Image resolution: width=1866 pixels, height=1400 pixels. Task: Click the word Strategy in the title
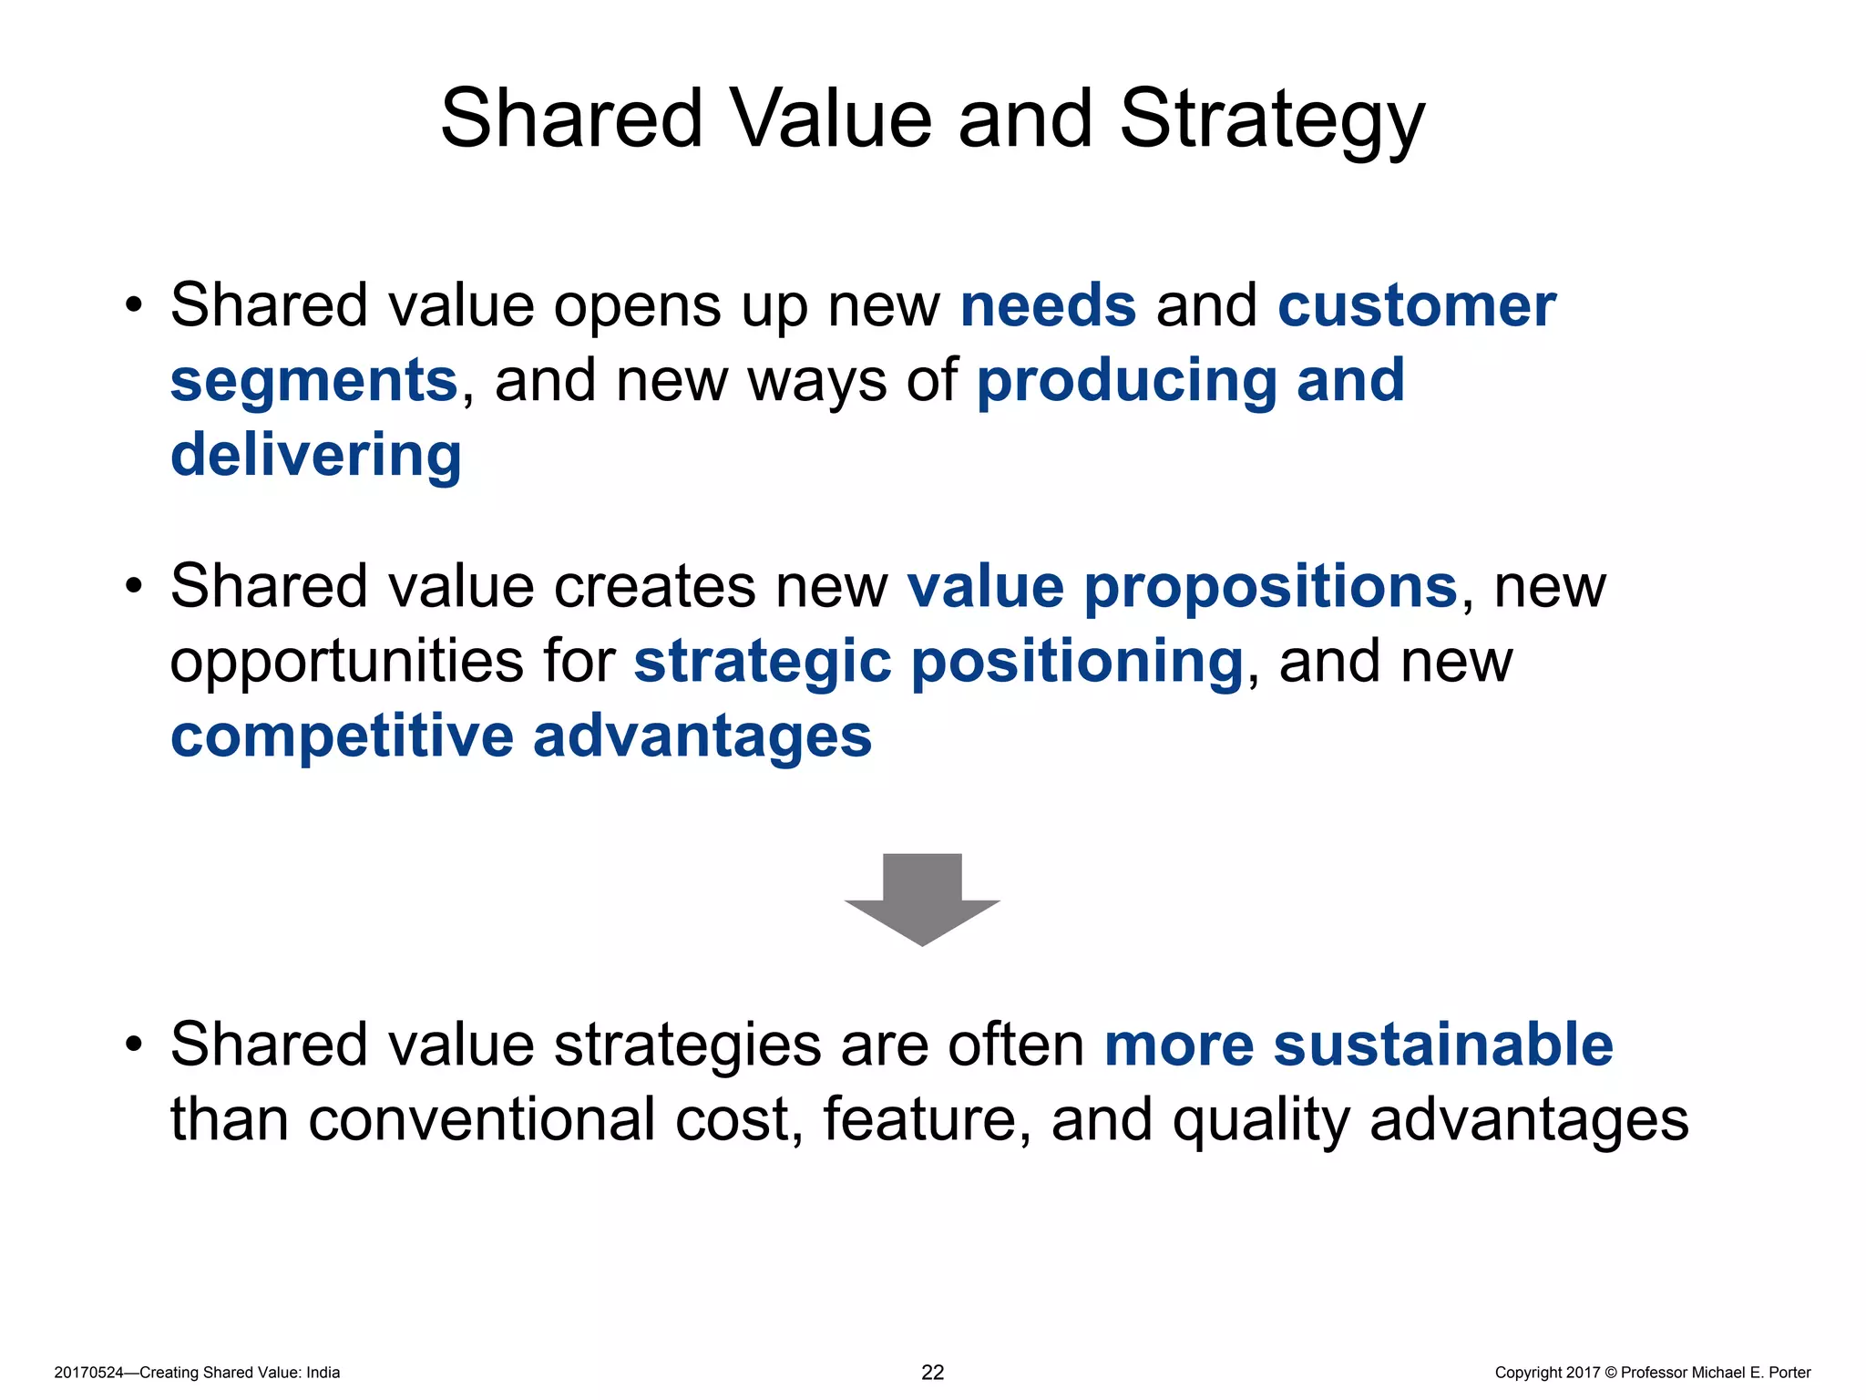coord(1271,119)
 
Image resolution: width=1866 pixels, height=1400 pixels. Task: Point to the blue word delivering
coord(316,455)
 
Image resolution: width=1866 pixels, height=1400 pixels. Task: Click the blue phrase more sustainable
coord(1358,1045)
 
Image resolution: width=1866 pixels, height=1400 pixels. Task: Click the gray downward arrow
coord(922,900)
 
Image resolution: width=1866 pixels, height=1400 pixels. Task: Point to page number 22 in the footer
coord(933,1373)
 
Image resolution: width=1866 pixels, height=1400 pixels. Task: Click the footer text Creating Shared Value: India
coord(240,1373)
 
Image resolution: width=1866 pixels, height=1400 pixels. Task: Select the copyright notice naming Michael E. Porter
coord(1652,1373)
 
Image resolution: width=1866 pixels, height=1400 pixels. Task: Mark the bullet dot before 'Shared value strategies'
coord(135,1045)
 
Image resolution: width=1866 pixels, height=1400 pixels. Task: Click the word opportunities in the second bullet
coord(346,663)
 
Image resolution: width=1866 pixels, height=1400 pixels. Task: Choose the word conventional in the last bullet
coord(481,1119)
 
